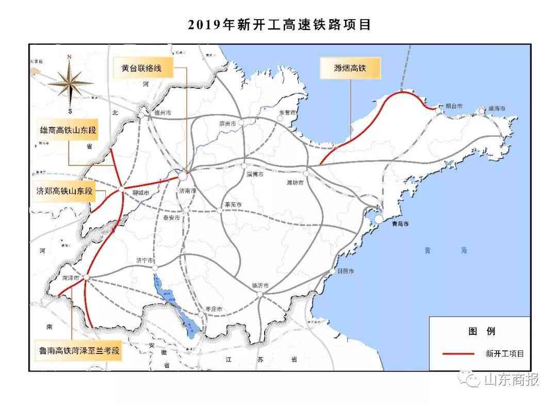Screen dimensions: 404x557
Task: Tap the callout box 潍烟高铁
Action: (x=350, y=68)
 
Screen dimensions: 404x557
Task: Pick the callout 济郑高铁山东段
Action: (x=64, y=190)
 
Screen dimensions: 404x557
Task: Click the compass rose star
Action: (x=70, y=83)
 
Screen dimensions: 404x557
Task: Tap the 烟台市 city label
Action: (x=453, y=106)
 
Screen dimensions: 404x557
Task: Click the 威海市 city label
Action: (x=497, y=109)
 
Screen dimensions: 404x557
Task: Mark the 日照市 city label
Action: (x=345, y=271)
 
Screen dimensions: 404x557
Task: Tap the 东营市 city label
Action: (x=288, y=112)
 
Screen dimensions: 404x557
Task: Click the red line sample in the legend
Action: (x=458, y=353)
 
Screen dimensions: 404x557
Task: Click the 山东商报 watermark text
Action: (x=511, y=380)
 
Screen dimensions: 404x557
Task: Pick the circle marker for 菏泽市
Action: (x=87, y=278)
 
